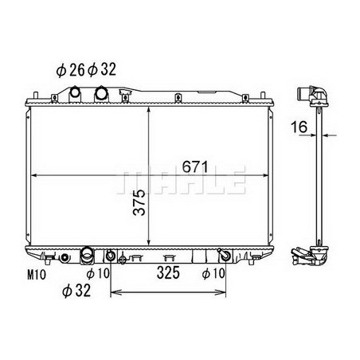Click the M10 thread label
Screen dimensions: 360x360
[33, 276]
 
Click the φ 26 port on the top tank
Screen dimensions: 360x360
[76, 94]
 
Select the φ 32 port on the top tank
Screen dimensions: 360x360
[102, 94]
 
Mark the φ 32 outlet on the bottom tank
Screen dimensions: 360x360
[85, 256]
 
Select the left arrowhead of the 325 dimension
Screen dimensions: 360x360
[112, 292]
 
